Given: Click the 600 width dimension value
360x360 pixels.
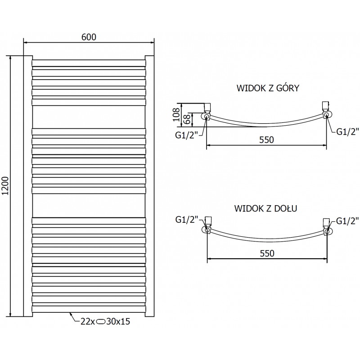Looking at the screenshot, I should coord(89,37).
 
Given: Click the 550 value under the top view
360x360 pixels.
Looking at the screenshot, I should coord(266,139).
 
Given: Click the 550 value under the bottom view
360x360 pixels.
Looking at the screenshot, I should coord(266,253).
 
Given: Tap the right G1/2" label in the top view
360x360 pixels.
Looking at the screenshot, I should coord(347,131).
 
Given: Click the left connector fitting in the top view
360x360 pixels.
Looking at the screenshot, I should coord(207,112).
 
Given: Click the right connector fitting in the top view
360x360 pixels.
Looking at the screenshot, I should coord(326,111).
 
